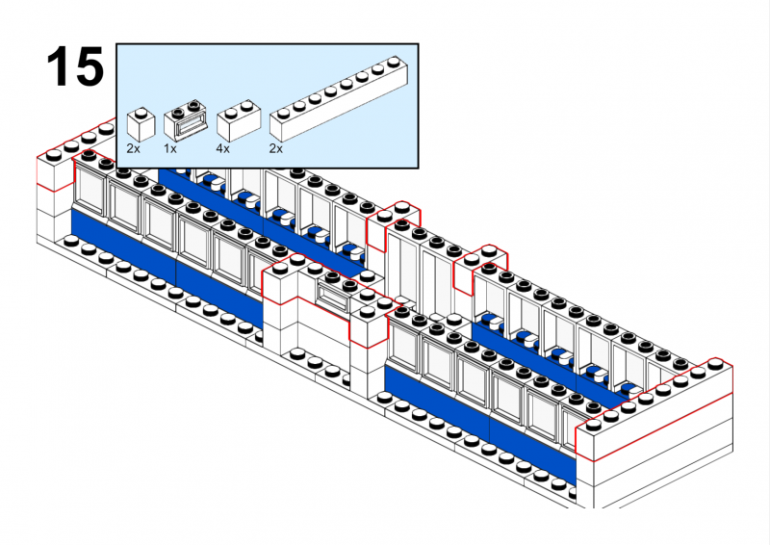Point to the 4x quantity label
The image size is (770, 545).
(222, 149)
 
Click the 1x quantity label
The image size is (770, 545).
(170, 149)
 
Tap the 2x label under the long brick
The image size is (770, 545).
(276, 149)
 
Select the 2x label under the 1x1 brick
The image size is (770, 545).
(134, 149)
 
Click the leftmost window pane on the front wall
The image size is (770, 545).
(92, 190)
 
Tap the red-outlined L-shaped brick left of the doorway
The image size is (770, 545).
(282, 284)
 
